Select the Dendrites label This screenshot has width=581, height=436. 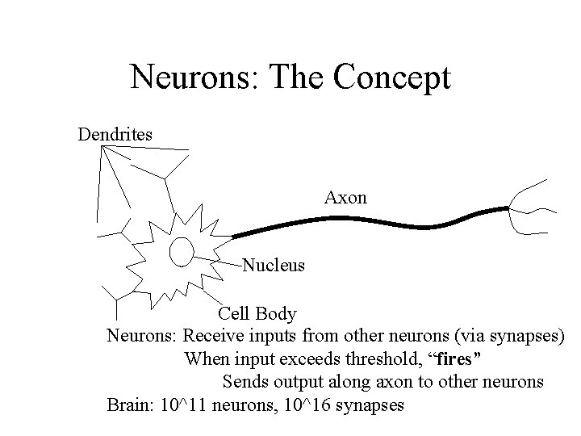(x=115, y=134)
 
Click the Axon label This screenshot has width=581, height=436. (x=345, y=197)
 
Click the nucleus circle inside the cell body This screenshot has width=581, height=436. (x=181, y=251)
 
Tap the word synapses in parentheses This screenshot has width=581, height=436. (x=529, y=335)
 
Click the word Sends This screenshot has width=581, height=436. (x=245, y=381)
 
